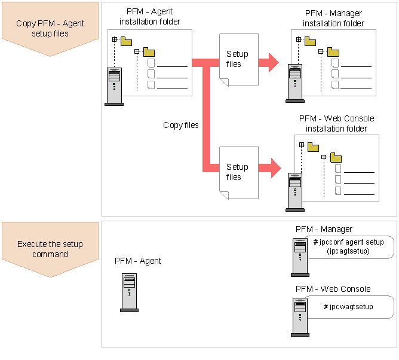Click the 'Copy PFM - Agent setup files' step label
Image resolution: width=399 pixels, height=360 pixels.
pyautogui.click(x=50, y=28)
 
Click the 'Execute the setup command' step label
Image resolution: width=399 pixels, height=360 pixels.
pyautogui.click(x=50, y=249)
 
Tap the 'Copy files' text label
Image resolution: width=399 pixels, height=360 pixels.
pyautogui.click(x=181, y=126)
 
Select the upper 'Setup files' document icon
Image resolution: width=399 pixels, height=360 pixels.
pyautogui.click(x=237, y=59)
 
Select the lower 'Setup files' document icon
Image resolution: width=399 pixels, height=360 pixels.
pyautogui.click(x=237, y=172)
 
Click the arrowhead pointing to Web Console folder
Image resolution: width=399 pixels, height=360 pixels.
pyautogui.click(x=274, y=167)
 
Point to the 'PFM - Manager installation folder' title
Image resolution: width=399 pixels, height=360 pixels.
pyautogui.click(x=333, y=19)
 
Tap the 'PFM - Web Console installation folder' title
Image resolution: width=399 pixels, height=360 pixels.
pyautogui.click(x=335, y=123)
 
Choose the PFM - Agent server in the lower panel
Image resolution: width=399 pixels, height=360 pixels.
pyautogui.click(x=129, y=292)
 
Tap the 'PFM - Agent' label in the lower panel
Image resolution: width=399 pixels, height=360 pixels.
pyautogui.click(x=138, y=261)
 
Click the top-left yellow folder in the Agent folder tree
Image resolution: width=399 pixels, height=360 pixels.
pyautogui.click(x=126, y=41)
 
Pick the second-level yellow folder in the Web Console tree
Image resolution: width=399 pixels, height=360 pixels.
pyautogui.click(x=336, y=158)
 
